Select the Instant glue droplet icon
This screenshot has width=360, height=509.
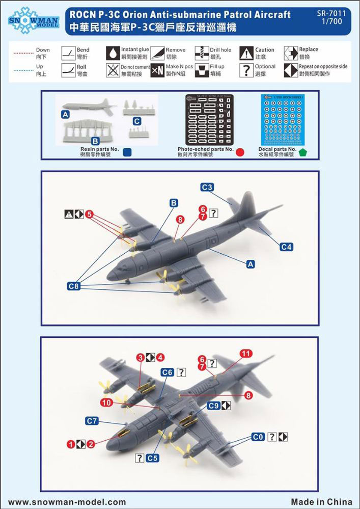tap(113, 52)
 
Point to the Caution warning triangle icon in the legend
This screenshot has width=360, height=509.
tap(246, 52)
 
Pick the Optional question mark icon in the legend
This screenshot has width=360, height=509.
tap(246, 69)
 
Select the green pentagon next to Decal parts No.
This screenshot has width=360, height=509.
tap(303, 151)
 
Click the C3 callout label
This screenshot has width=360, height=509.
tap(207, 187)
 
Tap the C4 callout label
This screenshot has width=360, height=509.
tap(287, 247)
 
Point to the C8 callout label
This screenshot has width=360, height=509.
tap(74, 286)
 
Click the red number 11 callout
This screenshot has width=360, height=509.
tap(246, 354)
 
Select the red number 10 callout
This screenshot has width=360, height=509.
tap(105, 403)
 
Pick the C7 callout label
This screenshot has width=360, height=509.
tap(92, 421)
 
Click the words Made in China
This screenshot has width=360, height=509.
tap(322, 501)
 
